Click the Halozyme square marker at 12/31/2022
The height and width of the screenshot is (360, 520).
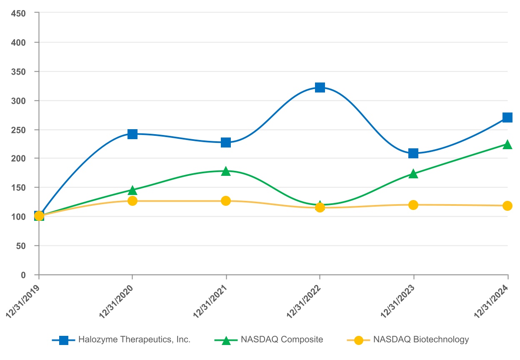[x=320, y=87]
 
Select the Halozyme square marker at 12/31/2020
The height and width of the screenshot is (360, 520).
[x=132, y=134]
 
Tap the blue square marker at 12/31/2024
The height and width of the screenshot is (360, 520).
[x=507, y=117]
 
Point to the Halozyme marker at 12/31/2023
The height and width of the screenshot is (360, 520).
[x=413, y=153]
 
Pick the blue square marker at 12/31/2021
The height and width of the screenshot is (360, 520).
[x=226, y=142]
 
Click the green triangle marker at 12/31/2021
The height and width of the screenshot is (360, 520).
[x=226, y=171]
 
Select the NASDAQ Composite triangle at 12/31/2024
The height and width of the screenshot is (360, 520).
[x=507, y=144]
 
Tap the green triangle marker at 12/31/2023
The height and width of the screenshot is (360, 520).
[x=413, y=173]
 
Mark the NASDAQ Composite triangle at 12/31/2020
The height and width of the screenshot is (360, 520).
[x=132, y=190]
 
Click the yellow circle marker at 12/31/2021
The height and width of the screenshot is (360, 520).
[x=226, y=201]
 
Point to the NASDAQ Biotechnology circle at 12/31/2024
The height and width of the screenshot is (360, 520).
[x=507, y=206]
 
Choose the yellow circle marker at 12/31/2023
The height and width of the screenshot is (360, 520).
[x=413, y=205]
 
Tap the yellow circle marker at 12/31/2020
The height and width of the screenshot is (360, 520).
[x=132, y=201]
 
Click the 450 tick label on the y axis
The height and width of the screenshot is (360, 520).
[x=19, y=13]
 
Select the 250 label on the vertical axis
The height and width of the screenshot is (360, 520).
[x=19, y=130]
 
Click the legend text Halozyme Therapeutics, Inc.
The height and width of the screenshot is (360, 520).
[x=135, y=340]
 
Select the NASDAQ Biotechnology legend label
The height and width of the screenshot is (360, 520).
[x=421, y=340]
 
